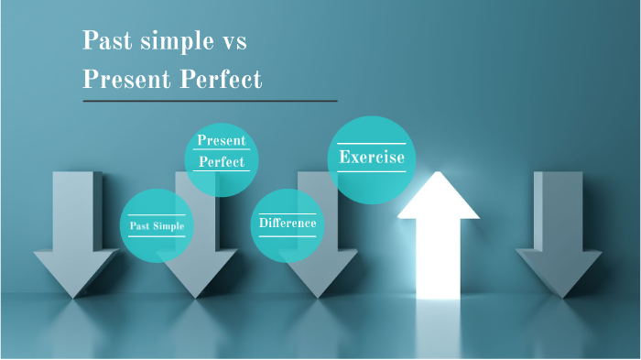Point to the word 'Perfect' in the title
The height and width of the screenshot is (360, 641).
coord(223,80)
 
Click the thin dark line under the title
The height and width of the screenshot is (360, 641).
coord(210,101)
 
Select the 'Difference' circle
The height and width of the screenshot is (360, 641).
coord(288,224)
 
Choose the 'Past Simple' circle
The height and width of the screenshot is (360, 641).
coord(157,225)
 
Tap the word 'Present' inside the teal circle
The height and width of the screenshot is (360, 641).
coord(222,141)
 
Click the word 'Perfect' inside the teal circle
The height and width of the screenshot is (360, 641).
coord(222,162)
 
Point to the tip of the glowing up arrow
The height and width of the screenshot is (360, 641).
coord(438,175)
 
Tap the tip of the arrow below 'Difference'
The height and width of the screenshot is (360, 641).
coord(317,296)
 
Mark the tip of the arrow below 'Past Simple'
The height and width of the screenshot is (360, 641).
coord(196,296)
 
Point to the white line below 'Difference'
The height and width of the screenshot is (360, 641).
coord(288,236)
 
